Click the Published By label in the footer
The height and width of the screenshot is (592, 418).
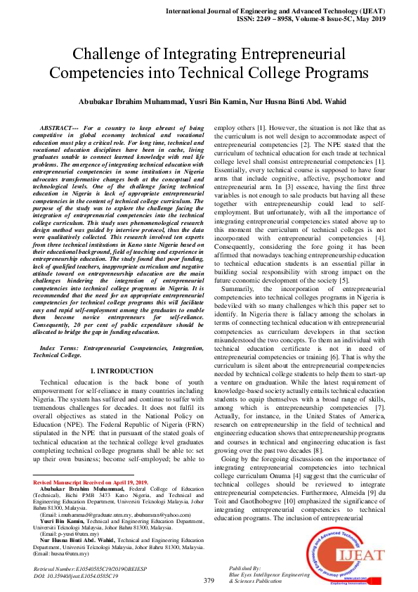[245, 567]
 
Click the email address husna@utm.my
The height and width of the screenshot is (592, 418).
[67, 554]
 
